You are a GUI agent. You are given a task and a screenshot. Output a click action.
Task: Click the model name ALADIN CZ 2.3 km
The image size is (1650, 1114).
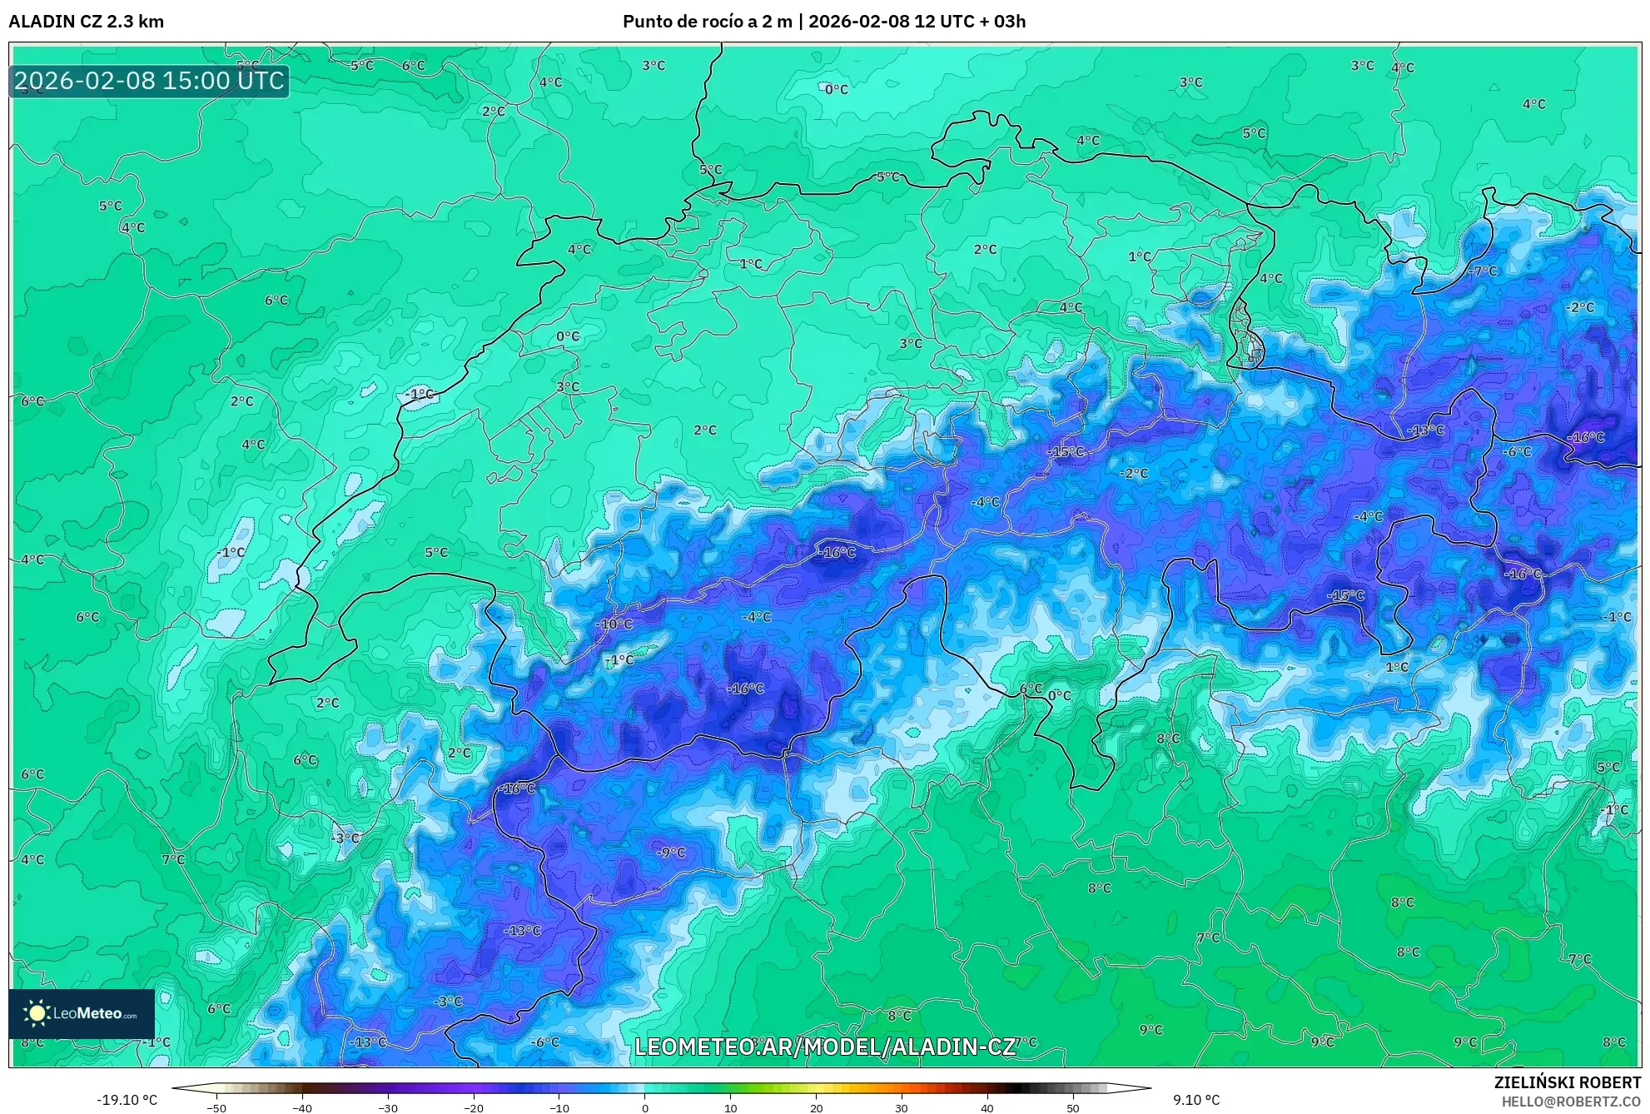tap(86, 22)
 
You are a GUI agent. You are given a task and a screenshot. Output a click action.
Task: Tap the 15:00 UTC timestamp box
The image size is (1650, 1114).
tap(149, 81)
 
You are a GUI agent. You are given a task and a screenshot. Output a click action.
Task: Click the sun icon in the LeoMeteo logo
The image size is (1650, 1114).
tap(37, 1012)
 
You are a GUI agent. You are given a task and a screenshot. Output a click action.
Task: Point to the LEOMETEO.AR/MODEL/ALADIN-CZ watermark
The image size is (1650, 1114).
tap(825, 1047)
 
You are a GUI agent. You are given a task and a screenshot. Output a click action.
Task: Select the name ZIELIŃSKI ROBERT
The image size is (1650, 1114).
tap(1567, 1082)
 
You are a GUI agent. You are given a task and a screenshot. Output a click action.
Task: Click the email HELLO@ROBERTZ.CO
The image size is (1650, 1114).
tap(1570, 1102)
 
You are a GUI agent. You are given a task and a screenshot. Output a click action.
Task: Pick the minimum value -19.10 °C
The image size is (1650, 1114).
tap(127, 1100)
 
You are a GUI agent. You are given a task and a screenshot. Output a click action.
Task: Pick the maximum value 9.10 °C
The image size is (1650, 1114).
tap(1196, 1100)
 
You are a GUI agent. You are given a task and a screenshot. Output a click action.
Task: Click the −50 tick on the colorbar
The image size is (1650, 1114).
tap(216, 1108)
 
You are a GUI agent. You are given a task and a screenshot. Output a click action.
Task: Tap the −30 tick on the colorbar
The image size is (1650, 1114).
tap(388, 1108)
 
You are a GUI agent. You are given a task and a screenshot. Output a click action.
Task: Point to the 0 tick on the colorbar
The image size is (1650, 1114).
tap(645, 1108)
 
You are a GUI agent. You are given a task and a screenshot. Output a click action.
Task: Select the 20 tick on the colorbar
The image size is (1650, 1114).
tap(816, 1108)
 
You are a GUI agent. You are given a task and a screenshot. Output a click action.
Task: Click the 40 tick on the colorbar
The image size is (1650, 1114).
tap(987, 1108)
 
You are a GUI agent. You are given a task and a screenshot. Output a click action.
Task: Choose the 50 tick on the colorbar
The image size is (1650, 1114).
tap(1073, 1108)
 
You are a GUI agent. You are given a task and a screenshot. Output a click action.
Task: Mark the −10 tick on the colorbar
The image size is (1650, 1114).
tap(559, 1108)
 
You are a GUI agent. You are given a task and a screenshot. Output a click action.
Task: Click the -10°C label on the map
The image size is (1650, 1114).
tap(614, 624)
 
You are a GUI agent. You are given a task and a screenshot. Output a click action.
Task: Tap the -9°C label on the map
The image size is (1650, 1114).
tap(670, 853)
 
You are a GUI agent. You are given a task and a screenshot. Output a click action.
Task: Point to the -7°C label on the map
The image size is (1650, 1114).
tap(1483, 271)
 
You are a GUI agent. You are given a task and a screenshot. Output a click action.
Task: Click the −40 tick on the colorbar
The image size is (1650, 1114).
tap(302, 1108)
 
